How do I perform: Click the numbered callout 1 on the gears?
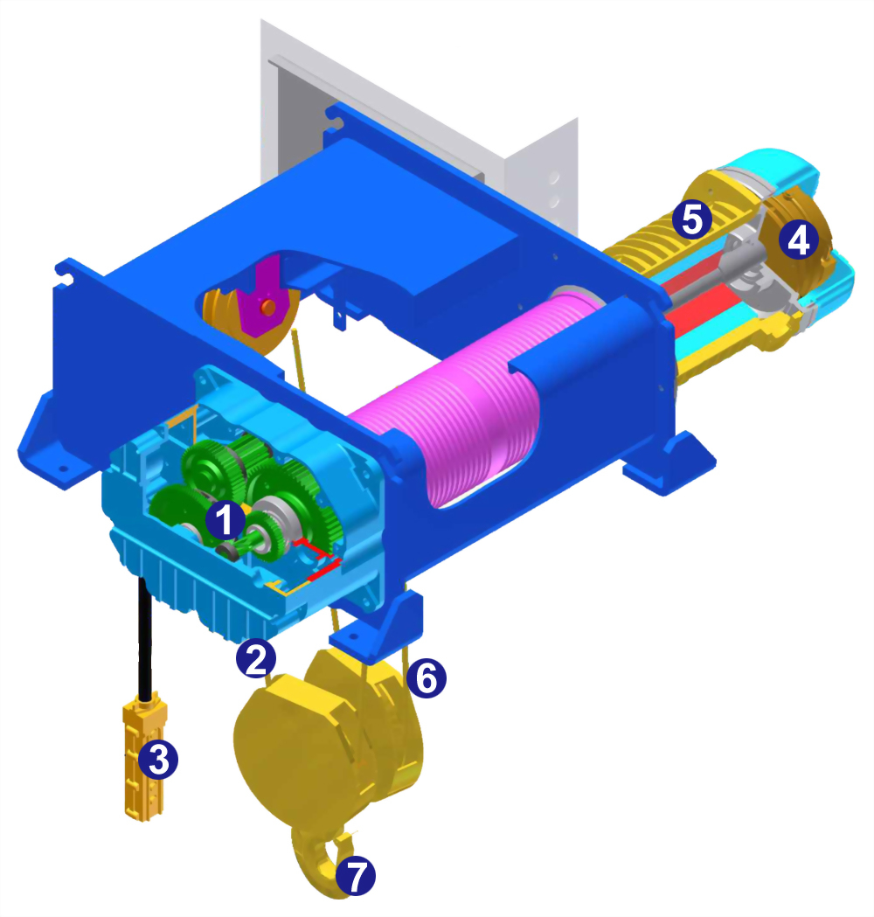click(x=225, y=518)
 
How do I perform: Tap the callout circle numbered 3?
click(x=158, y=759)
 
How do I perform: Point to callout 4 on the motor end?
click(x=798, y=240)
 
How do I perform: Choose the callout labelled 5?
click(x=692, y=220)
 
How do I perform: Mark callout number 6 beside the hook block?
click(x=427, y=678)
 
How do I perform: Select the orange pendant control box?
click(x=144, y=757)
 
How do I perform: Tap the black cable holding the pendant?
click(x=145, y=637)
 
